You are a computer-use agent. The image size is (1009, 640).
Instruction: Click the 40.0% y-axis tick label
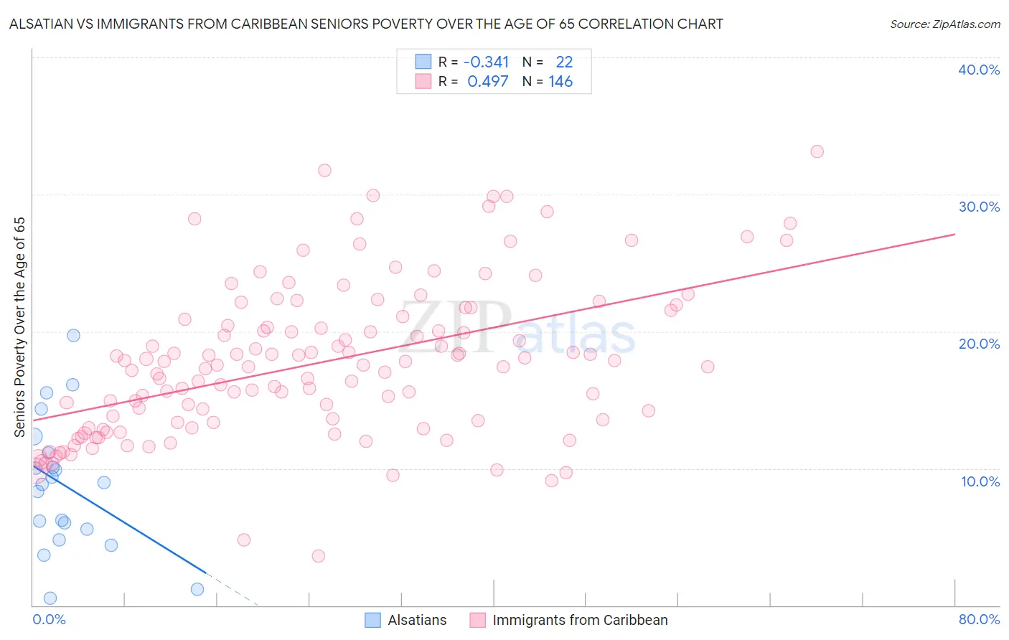979,70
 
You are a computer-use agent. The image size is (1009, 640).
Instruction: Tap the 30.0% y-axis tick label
979,207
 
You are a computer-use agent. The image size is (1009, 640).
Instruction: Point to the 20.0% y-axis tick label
979,344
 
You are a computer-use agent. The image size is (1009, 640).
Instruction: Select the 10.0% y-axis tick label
980,481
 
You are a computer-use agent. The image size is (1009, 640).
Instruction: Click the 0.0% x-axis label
49,619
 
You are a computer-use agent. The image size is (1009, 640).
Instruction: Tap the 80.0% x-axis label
979,619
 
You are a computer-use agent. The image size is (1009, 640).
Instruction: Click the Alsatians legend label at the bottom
417,620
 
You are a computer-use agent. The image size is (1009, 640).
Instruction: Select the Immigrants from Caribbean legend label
580,620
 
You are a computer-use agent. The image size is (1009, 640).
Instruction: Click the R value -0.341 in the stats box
486,62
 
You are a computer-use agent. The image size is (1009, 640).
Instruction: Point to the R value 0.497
487,82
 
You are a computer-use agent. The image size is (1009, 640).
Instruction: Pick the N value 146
560,82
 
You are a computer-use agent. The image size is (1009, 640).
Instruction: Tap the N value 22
564,62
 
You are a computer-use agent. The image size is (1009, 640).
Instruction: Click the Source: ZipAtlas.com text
944,24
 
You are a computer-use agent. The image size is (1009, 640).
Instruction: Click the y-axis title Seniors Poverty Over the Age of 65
20,327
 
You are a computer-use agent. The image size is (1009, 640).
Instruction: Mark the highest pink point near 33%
817,151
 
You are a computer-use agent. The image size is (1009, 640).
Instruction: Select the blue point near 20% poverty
73,335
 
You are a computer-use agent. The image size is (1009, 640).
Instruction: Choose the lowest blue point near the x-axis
50,598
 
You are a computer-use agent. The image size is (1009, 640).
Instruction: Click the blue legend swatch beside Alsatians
372,620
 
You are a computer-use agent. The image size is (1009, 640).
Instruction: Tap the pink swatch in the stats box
423,82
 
